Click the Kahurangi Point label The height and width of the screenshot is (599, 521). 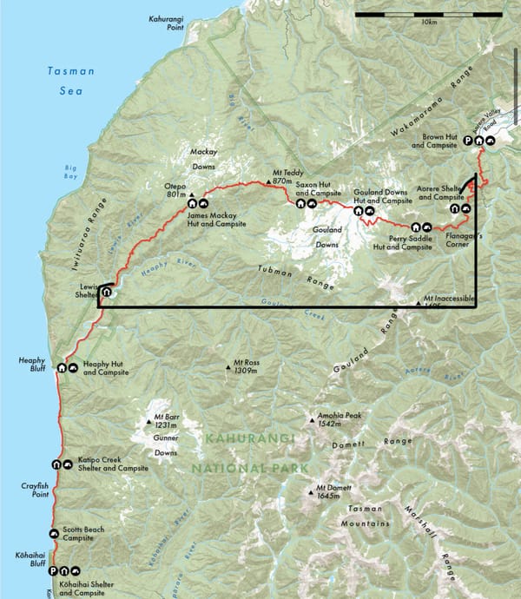pos(167,22)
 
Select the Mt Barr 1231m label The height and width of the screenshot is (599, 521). pos(160,421)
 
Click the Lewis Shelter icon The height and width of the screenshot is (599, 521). pos(106,293)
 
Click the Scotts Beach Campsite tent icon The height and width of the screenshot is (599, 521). pos(54,533)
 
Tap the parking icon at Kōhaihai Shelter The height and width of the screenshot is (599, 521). pos(53,571)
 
